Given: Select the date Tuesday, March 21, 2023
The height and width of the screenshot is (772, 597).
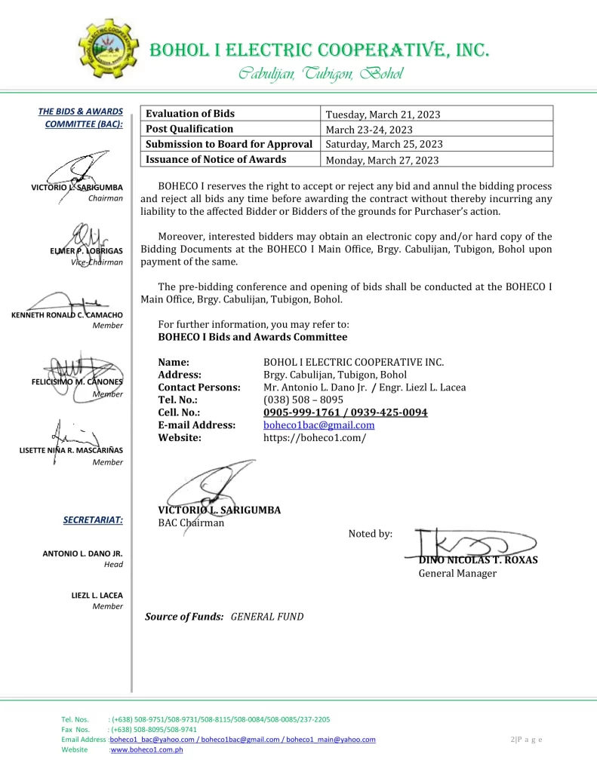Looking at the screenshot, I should (383, 115).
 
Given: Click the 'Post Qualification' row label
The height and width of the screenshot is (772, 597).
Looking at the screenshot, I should (189, 129).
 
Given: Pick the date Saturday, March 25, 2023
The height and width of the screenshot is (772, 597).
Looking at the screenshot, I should (383, 144).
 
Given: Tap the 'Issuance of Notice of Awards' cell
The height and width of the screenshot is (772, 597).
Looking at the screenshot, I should (216, 159).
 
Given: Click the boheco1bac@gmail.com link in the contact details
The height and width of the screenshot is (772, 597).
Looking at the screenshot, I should (319, 425).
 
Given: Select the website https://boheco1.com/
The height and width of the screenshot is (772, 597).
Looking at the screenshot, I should (314, 437).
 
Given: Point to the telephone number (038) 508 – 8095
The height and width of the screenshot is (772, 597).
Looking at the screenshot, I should (303, 400).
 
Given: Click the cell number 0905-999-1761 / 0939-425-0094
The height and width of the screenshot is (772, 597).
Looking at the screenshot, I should (345, 412).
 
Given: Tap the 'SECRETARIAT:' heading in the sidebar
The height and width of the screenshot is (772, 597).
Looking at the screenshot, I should (94, 519).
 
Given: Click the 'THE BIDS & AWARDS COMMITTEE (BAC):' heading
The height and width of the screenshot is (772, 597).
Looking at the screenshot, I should (81, 118).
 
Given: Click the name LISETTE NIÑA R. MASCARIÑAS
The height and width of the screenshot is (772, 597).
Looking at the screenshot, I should (71, 451).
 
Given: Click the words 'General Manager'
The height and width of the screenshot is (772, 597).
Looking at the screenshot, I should (457, 574).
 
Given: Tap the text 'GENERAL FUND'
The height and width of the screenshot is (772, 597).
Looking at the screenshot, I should (266, 617).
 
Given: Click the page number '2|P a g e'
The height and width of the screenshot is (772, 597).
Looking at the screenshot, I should (526, 740).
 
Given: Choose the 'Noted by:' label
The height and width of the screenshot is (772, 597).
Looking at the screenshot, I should (370, 534).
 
